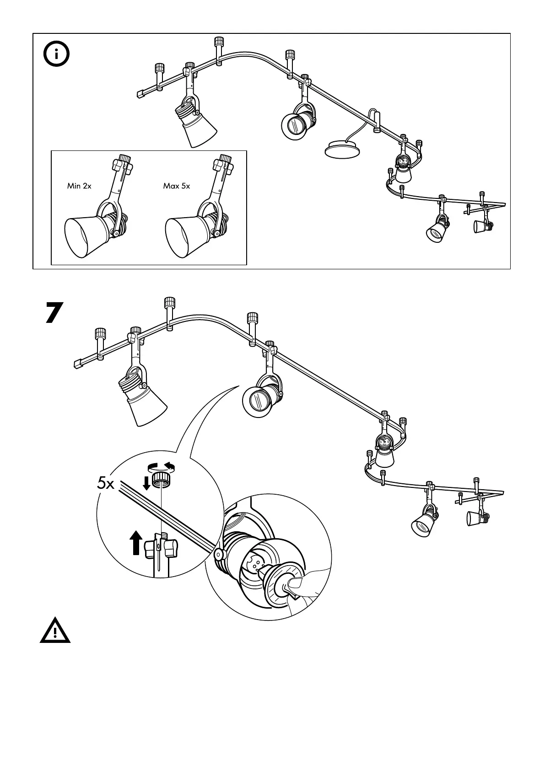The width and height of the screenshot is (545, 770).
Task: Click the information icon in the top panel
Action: [56, 55]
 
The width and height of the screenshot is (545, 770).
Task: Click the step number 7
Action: [54, 313]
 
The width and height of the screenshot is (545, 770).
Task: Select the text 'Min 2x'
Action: [79, 186]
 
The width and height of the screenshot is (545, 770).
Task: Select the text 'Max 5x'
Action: [176, 186]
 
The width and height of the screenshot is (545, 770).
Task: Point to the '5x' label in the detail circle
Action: [106, 483]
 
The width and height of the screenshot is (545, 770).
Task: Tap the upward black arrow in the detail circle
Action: [135, 542]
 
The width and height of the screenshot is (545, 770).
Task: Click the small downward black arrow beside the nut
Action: [146, 482]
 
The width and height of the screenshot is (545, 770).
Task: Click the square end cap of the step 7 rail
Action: [77, 364]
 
